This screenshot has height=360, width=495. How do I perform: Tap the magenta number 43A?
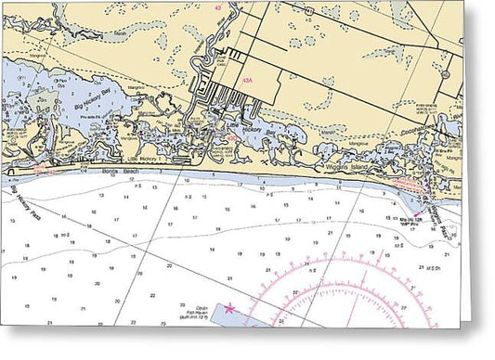[247, 82]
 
